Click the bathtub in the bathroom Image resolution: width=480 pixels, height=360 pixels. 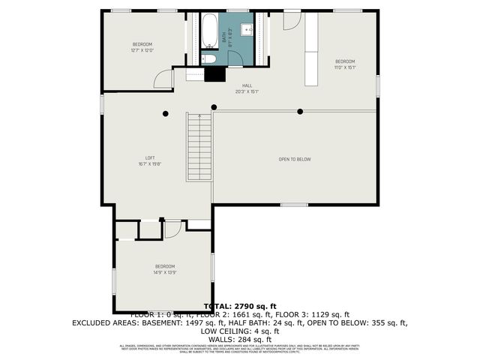pyautogui.click(x=210, y=31)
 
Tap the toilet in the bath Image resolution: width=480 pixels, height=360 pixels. pyautogui.click(x=210, y=58)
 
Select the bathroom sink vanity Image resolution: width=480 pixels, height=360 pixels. pyautogui.click(x=247, y=30)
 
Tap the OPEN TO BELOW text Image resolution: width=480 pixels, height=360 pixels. pyautogui.click(x=294, y=159)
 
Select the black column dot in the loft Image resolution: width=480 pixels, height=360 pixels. pyautogui.click(x=165, y=113)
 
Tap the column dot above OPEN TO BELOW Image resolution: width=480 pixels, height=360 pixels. pyautogui.click(x=300, y=112)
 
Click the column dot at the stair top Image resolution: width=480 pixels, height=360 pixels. pyautogui.click(x=214, y=106)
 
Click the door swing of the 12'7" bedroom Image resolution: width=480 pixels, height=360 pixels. pyautogui.click(x=164, y=79)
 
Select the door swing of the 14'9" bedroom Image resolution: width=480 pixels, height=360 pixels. pyautogui.click(x=172, y=229)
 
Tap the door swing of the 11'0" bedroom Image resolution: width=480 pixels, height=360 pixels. pyautogui.click(x=291, y=20)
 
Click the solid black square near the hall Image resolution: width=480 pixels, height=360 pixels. pyautogui.click(x=215, y=74)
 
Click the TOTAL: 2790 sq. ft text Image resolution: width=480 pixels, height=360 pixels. pyautogui.click(x=240, y=306)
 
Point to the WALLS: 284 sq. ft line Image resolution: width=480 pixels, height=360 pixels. pyautogui.click(x=240, y=339)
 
